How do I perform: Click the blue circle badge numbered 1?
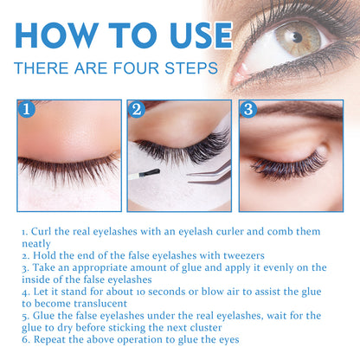(x=28, y=110)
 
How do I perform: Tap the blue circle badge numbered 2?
(x=137, y=110)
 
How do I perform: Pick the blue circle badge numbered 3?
(x=247, y=110)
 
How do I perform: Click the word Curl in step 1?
(x=42, y=232)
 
